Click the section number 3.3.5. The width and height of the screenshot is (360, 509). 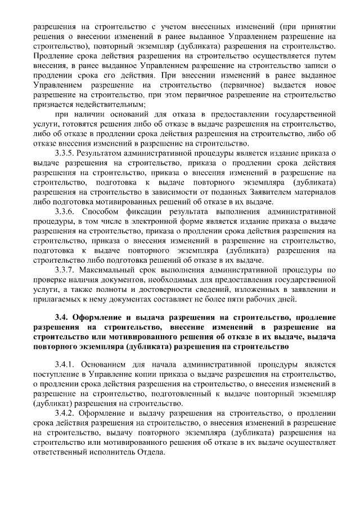(64, 152)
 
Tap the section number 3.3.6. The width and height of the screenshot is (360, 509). (64, 211)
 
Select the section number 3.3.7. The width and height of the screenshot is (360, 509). (64, 270)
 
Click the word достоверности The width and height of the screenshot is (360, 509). (168, 290)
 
